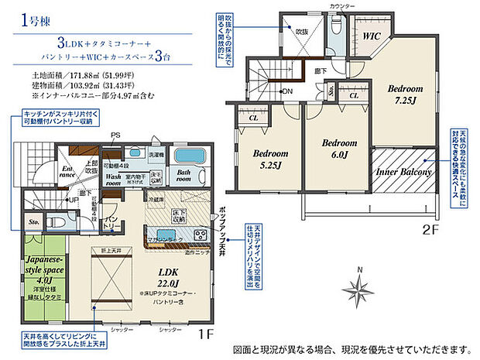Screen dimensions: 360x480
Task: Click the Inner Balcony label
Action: pyautogui.click(x=403, y=172)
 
